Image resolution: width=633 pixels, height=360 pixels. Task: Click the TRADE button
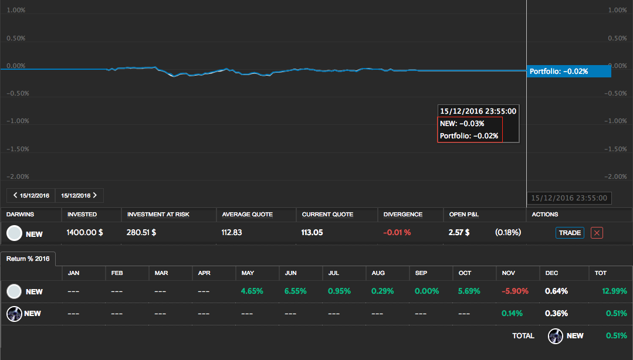pyautogui.click(x=570, y=233)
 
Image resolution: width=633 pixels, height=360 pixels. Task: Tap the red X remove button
pyautogui.click(x=597, y=233)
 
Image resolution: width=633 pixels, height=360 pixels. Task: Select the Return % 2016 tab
pyautogui.click(x=28, y=258)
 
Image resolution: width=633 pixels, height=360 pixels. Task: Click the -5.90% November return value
pyautogui.click(x=516, y=291)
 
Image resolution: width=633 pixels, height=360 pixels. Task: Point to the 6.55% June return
pyautogui.click(x=296, y=291)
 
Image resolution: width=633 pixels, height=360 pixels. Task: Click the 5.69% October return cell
pyautogui.click(x=469, y=291)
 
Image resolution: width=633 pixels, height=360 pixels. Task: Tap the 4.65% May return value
pyautogui.click(x=252, y=291)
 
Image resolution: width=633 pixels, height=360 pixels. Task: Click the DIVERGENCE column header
pyautogui.click(x=402, y=215)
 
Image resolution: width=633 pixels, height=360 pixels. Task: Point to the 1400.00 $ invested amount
pyautogui.click(x=85, y=233)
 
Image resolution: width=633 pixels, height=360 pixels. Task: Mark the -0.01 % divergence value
pyautogui.click(x=397, y=233)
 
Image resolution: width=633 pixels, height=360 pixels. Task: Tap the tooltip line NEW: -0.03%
pyautogui.click(x=462, y=124)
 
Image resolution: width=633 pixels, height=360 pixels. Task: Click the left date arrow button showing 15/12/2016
pyautogui.click(x=31, y=195)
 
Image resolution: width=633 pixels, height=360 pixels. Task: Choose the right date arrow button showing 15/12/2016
pyautogui.click(x=79, y=195)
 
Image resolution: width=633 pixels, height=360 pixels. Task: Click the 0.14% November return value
pyautogui.click(x=512, y=314)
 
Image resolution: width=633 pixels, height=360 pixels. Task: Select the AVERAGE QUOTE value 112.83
pyautogui.click(x=232, y=233)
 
